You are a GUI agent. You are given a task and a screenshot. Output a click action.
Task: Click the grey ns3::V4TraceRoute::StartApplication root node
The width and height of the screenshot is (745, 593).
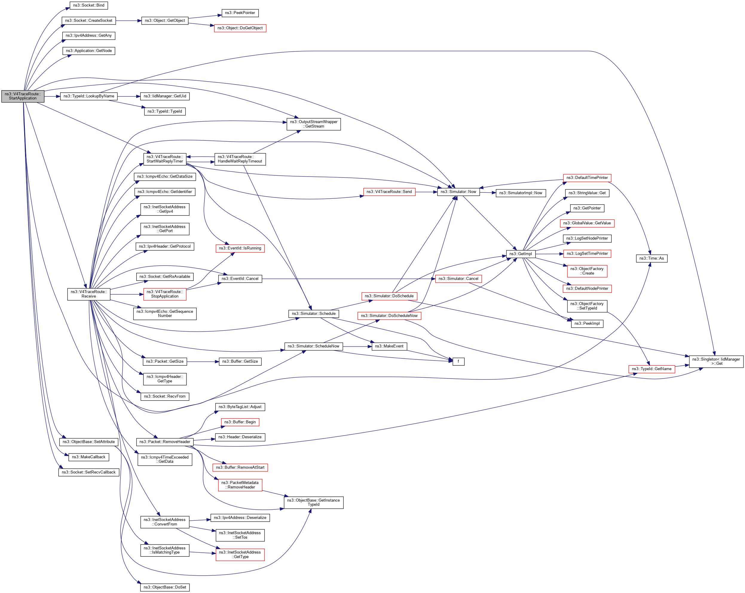[23, 96]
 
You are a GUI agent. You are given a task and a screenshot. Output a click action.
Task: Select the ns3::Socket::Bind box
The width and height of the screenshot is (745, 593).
[89, 5]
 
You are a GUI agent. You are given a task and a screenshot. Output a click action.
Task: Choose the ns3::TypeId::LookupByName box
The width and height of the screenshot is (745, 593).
[89, 96]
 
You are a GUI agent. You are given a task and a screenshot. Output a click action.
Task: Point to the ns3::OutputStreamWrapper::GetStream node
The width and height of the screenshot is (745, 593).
[313, 124]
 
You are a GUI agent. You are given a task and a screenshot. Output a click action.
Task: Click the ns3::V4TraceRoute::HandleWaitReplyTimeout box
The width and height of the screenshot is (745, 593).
[240, 159]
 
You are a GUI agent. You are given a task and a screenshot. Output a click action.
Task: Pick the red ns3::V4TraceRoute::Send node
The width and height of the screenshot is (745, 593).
[389, 192]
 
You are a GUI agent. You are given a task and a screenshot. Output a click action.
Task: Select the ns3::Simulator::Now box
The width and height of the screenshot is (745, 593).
[458, 192]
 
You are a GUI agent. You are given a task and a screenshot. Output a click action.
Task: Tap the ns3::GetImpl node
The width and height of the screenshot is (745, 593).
[521, 254]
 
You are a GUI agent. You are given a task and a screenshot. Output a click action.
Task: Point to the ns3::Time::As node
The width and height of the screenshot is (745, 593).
[651, 258]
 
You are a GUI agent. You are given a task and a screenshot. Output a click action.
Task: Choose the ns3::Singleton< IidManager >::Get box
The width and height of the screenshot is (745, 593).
[716, 361]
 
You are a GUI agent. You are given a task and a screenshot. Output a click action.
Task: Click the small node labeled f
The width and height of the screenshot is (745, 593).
[458, 361]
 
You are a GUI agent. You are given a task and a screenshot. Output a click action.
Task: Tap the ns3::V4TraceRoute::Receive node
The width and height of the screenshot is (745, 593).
[89, 294]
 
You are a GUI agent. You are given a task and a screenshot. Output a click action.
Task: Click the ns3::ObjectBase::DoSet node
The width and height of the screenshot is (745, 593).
[165, 587]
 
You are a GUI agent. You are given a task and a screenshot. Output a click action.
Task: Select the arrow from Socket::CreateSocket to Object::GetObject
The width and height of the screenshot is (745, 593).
[128, 21]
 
